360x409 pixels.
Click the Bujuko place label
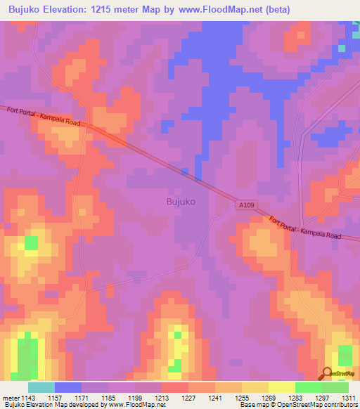[181, 202]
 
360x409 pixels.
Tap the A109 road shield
[243, 204]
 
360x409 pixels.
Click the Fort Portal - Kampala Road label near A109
[304, 227]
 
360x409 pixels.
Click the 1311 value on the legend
[347, 397]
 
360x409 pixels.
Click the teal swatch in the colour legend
[41, 387]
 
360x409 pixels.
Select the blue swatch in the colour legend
[68, 387]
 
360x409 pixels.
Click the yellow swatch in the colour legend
[282, 387]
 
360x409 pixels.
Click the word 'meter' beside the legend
[11, 397]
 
